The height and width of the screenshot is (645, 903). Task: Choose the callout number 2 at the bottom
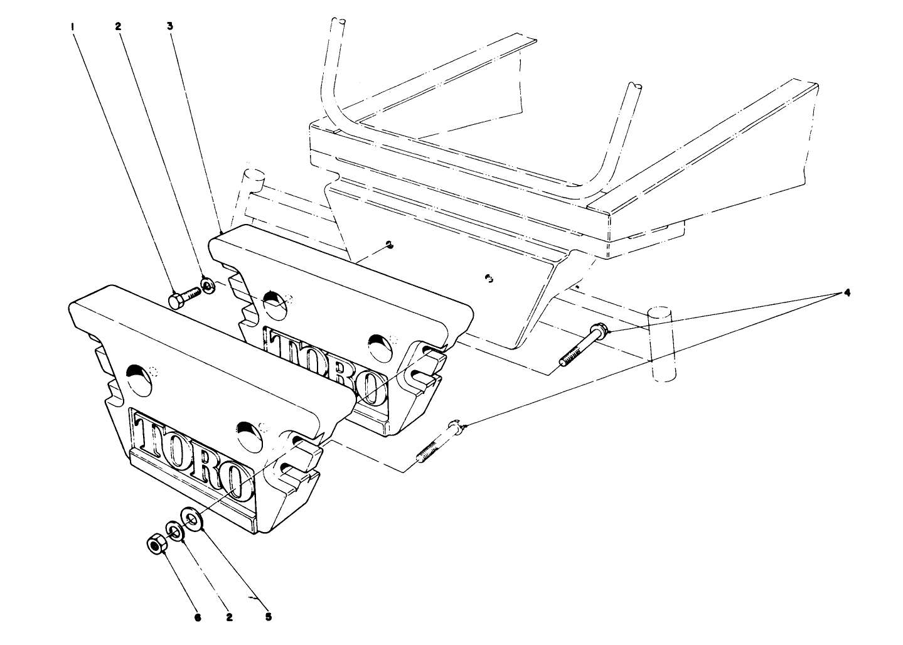(x=230, y=617)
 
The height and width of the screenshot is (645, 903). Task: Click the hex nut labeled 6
(x=156, y=544)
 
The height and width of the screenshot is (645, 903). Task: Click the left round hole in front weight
(x=139, y=380)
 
